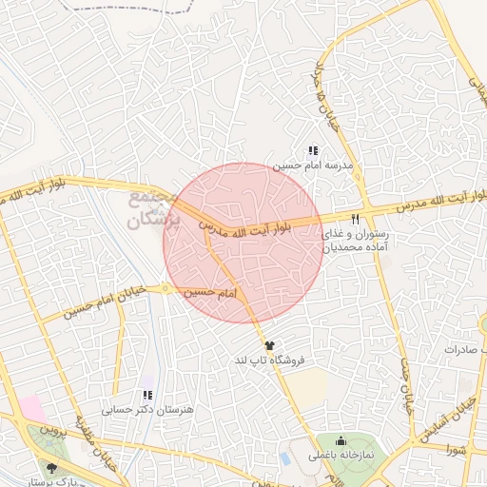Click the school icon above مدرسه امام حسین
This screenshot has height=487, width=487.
click(x=312, y=150)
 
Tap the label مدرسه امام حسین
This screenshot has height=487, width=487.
click(x=313, y=165)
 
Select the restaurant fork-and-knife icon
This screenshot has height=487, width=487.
click(x=356, y=218)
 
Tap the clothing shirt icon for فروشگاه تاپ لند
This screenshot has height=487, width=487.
click(x=269, y=346)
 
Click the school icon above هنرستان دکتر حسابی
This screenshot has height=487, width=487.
click(x=146, y=395)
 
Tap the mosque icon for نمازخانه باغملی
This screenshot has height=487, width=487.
click(x=341, y=442)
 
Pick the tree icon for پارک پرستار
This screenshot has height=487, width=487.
click(x=50, y=467)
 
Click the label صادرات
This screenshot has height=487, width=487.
click(x=464, y=350)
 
